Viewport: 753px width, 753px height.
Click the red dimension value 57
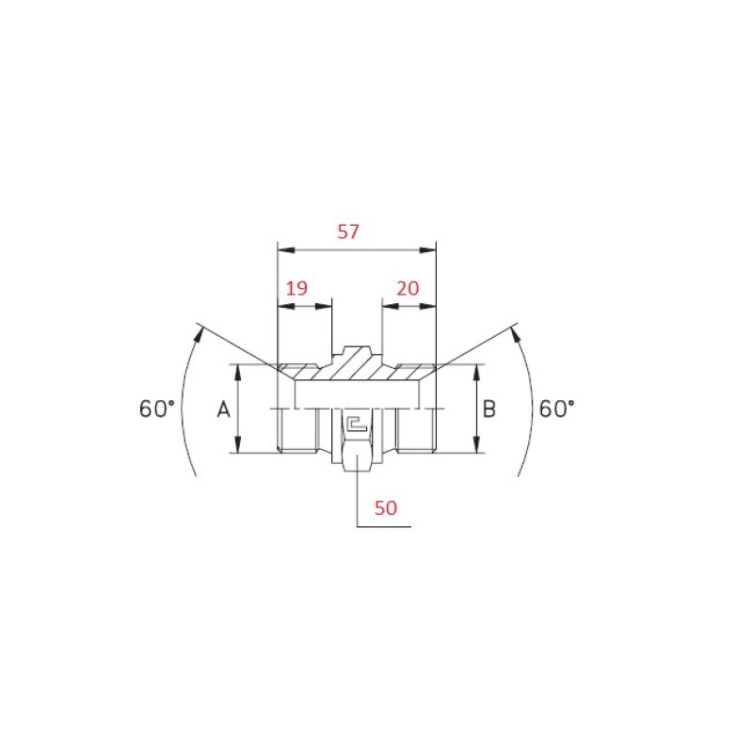coord(348,232)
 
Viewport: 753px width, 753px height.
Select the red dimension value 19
coord(296,288)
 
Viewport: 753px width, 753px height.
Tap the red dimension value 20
coord(408,288)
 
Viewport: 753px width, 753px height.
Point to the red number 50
coord(386,507)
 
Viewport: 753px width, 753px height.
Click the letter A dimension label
coord(224,409)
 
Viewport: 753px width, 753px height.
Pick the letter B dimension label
coord(489,409)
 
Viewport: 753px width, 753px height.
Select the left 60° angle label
coord(157,409)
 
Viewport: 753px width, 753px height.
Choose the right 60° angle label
coord(556,409)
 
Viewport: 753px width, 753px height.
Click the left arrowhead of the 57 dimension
coord(286,250)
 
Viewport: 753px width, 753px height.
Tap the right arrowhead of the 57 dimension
coord(428,250)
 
